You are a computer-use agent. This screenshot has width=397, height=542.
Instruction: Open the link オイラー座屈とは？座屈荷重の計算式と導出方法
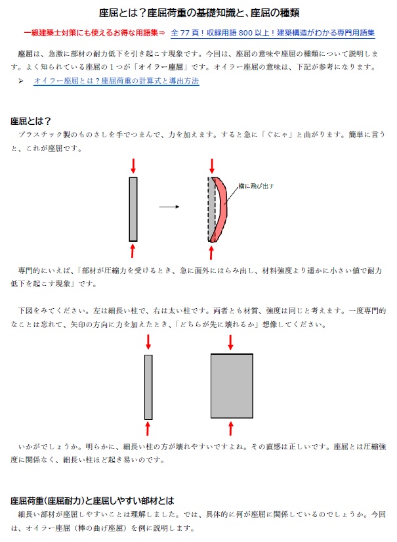tap(116, 81)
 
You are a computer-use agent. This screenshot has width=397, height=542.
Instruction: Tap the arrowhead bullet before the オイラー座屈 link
tap(21, 81)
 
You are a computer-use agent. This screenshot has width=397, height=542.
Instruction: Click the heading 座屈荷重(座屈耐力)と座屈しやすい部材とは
tap(92, 500)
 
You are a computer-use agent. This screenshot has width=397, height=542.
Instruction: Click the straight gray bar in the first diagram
tap(133, 209)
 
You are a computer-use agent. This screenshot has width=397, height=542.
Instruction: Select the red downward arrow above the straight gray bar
tap(133, 164)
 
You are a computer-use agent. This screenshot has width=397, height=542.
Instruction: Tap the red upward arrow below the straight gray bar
tap(133, 251)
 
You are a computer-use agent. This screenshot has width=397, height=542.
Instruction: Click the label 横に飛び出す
tap(255, 187)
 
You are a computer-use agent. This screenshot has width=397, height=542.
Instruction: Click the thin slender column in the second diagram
tap(148, 386)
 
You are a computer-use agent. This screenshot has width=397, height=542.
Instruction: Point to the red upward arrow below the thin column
tap(148, 428)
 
